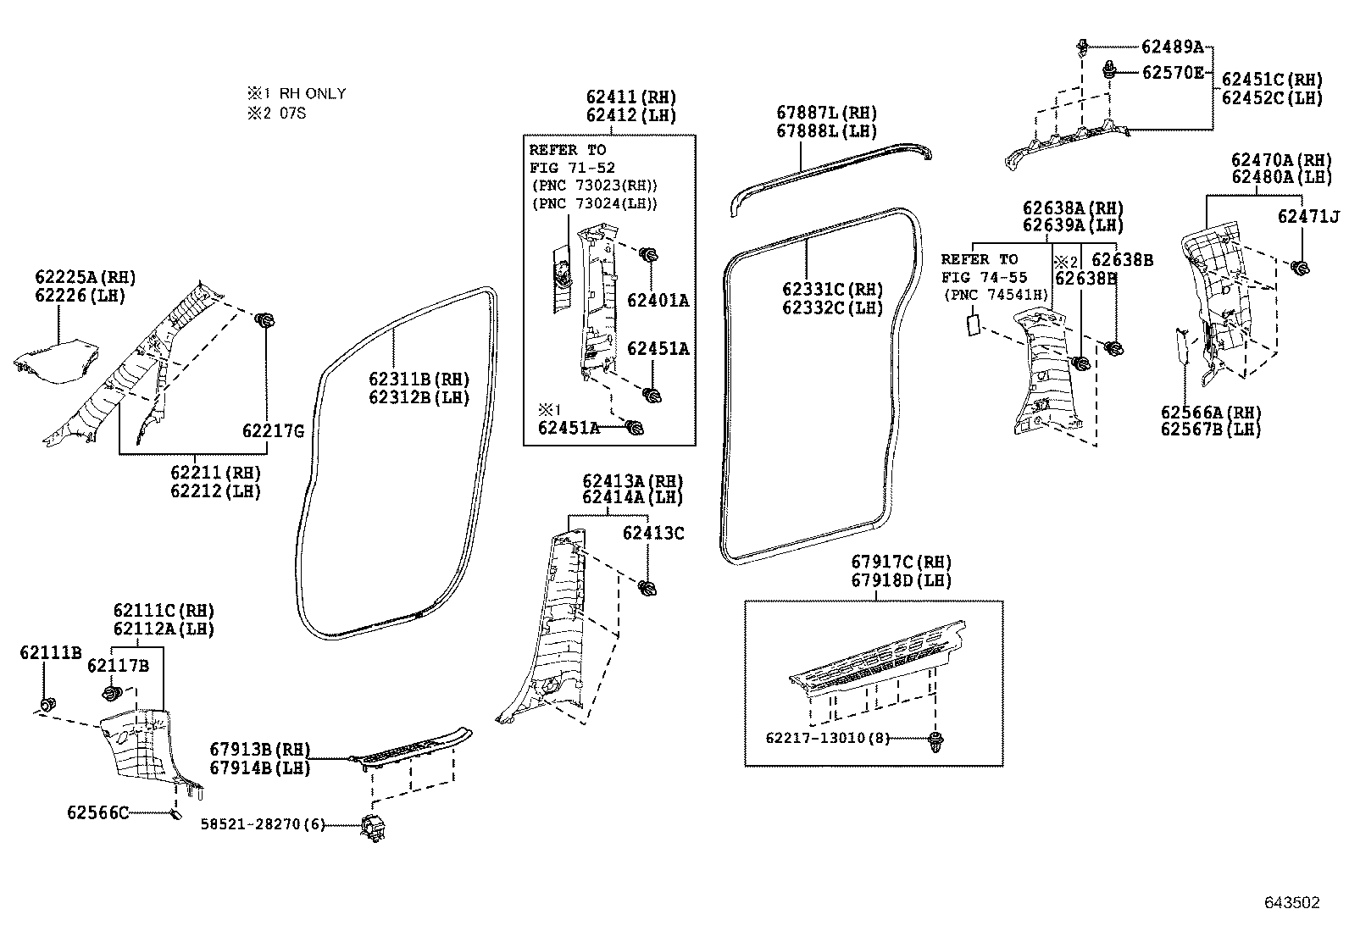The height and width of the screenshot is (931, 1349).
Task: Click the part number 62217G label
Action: pos(274,430)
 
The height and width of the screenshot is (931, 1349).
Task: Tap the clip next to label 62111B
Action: pos(47,703)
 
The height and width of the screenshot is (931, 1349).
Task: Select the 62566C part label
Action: pos(97,813)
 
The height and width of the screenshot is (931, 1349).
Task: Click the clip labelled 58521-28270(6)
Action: pos(374,826)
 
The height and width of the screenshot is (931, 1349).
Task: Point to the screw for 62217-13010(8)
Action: pos(935,741)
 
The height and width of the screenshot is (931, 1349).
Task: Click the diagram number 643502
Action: pos(1291,902)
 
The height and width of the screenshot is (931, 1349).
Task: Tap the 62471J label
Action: pos(1308,216)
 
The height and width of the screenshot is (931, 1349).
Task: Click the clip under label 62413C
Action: pos(647,588)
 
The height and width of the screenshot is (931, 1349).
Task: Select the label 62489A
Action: pos(1172,47)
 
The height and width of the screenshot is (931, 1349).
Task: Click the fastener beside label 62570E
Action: pos(1108,70)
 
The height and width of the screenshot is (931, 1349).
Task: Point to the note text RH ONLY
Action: pos(313,94)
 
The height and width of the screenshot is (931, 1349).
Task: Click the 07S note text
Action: pos(292,114)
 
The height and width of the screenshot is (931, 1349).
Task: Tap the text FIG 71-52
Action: pos(572,168)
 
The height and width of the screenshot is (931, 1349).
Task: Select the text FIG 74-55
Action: pos(984,278)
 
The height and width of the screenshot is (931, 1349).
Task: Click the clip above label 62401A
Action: pos(648,255)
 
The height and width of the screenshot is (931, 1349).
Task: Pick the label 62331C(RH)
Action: pos(832,289)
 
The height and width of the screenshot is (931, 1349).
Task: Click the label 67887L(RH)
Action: pos(826,113)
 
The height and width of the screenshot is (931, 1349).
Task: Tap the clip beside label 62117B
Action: pos(111,693)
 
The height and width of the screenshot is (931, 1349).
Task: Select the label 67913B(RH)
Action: pos(259,749)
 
